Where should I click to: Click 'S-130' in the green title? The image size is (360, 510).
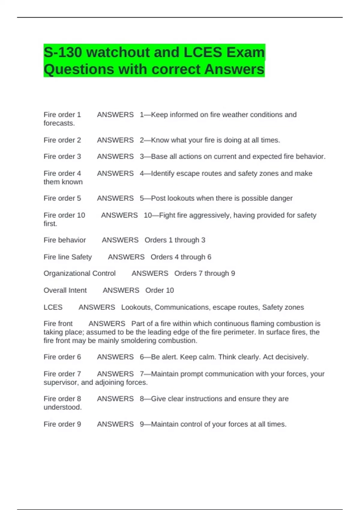coord(63,52)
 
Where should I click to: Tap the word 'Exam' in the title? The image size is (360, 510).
coord(246,52)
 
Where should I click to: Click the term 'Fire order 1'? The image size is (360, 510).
coord(62,115)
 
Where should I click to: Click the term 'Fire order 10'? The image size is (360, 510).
coord(64,215)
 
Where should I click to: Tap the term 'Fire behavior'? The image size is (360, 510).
coord(64,240)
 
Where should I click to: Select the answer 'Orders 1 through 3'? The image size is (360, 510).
coord(175,240)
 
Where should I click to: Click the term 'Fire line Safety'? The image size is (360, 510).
coord(67,257)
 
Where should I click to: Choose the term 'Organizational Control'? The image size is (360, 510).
coord(79,273)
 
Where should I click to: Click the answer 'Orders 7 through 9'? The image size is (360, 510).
coord(205,273)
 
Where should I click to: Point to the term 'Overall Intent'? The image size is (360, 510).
coord(65,290)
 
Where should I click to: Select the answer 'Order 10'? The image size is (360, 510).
coord(160,290)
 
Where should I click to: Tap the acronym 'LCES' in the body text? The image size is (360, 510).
coord(53,307)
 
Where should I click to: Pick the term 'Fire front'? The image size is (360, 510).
coord(58,324)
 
